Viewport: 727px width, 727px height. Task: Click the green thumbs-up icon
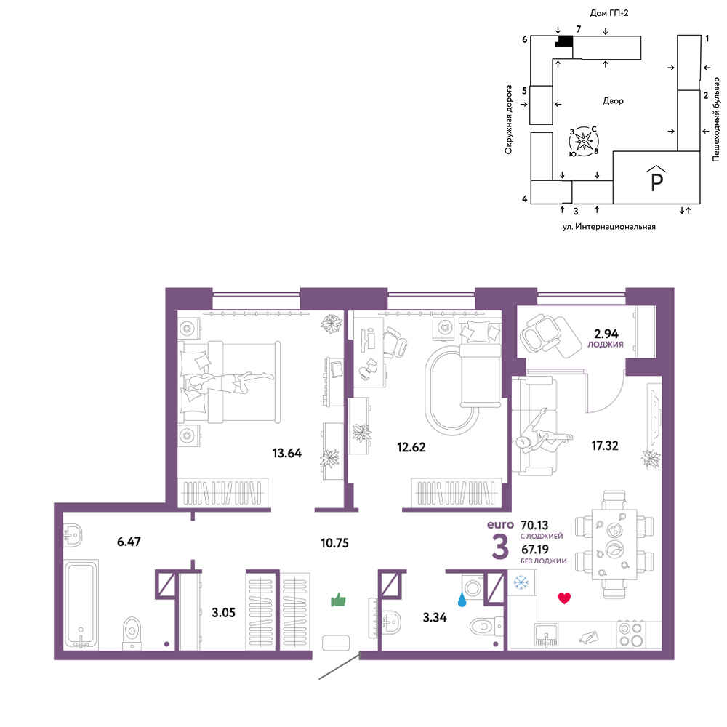click(x=339, y=600)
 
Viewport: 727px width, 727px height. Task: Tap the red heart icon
click(x=564, y=598)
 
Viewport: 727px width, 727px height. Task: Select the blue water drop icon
click(x=462, y=600)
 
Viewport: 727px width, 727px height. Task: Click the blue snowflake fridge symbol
click(x=521, y=582)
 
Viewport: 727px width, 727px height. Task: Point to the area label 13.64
click(x=287, y=453)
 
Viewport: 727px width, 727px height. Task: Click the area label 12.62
click(x=411, y=447)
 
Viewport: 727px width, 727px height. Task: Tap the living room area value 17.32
click(x=605, y=446)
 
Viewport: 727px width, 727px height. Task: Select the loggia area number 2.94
click(x=606, y=334)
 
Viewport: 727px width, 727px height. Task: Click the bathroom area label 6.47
click(x=129, y=542)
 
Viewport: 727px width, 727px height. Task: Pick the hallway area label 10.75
click(x=334, y=543)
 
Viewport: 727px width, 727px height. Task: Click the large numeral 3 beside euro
click(x=500, y=547)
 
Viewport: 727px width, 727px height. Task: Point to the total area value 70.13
click(x=534, y=526)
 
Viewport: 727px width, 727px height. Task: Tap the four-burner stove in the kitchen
click(x=631, y=634)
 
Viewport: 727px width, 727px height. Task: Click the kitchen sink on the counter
click(x=546, y=635)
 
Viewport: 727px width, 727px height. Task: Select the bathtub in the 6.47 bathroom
click(x=81, y=605)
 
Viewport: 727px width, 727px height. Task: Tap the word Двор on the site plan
click(x=613, y=100)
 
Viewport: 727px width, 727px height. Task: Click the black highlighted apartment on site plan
click(x=564, y=41)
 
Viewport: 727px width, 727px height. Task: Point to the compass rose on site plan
click(x=584, y=141)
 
